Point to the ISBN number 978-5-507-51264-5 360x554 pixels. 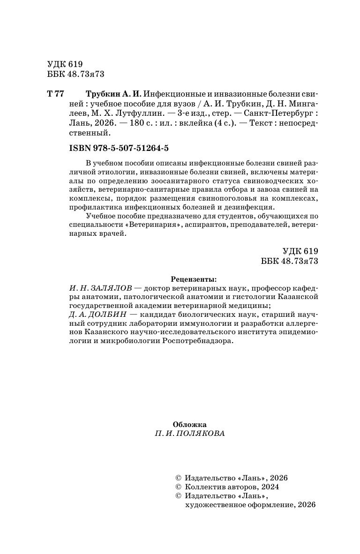132,148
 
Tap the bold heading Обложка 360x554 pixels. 189,424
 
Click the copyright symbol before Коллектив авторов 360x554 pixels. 178,487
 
